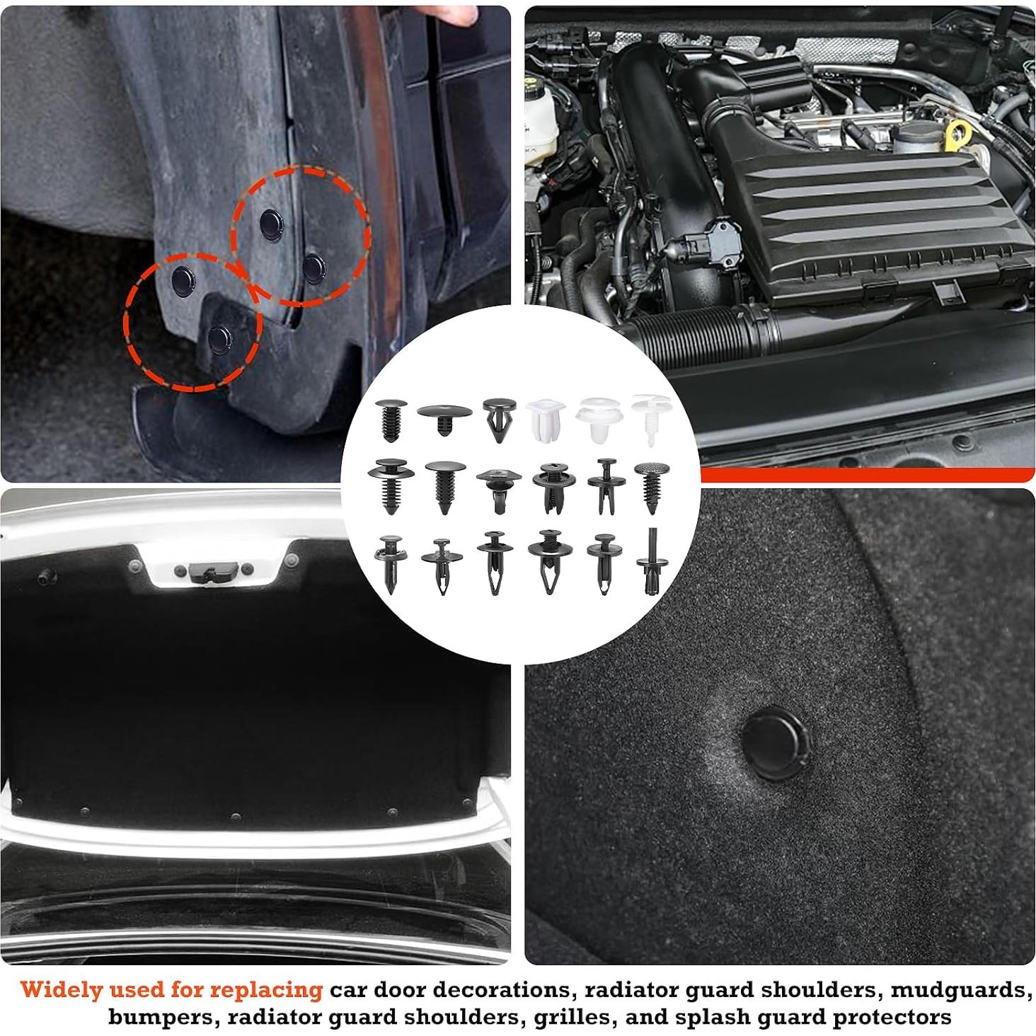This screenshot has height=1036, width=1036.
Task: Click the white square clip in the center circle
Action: point(545,419)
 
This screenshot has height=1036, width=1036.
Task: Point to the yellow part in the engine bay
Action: point(960,134)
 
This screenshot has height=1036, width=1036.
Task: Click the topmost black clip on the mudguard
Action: point(270,223)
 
